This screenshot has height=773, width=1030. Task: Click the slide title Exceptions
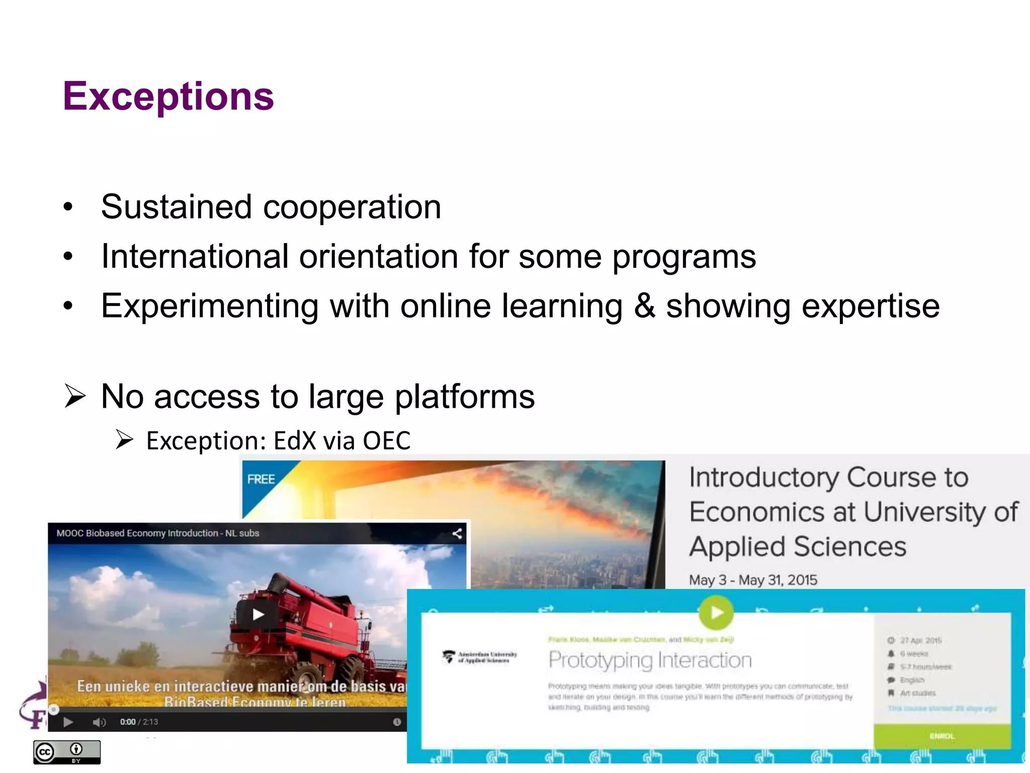pos(168,96)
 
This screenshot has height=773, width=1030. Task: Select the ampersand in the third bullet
pos(644,306)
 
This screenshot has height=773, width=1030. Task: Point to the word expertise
pos(870,306)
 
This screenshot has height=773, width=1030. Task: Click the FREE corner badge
pos(261,480)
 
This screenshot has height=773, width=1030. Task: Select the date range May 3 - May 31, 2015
pos(753,580)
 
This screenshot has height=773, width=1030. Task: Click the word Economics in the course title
pos(757,512)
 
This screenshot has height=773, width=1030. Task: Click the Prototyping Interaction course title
pos(650,660)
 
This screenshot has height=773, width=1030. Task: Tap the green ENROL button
pos(941,736)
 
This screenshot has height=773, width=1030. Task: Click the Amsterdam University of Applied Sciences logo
pos(479,657)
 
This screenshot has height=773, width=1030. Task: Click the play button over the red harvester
pos(258,614)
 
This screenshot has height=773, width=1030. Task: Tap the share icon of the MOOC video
pos(457,533)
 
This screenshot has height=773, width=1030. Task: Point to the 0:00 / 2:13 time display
pos(139,722)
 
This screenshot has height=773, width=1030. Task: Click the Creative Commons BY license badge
pos(67,752)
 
